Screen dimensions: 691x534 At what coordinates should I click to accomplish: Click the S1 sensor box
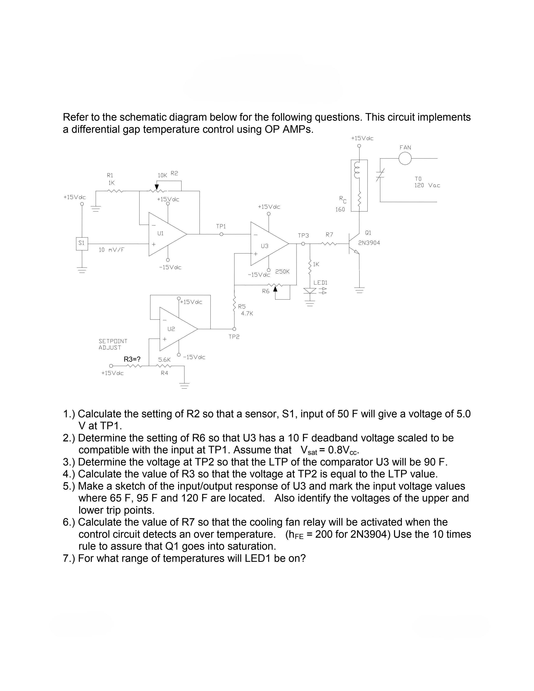[x=82, y=243]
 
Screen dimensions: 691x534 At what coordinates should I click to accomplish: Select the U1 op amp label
[x=160, y=233]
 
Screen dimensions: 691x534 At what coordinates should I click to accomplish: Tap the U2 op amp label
[x=171, y=329]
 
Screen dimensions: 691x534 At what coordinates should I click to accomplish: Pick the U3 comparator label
[x=264, y=246]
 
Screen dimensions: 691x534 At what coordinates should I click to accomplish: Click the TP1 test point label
[x=221, y=227]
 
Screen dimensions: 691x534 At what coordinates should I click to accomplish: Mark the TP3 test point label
[x=303, y=236]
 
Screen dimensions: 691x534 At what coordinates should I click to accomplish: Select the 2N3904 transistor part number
[x=369, y=243]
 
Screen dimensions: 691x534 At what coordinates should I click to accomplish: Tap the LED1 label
[x=320, y=282]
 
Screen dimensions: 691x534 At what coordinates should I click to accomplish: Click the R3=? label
[x=132, y=359]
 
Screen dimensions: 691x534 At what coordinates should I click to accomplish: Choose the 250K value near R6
[x=282, y=271]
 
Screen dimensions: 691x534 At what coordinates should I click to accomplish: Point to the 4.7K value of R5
[x=247, y=313]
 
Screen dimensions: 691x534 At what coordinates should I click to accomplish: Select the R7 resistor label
[x=329, y=235]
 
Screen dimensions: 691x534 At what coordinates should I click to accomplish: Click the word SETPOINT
[x=113, y=341]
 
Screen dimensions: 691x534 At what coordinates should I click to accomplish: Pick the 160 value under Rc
[x=340, y=209]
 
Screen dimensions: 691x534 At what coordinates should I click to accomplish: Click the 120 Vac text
[x=427, y=185]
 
